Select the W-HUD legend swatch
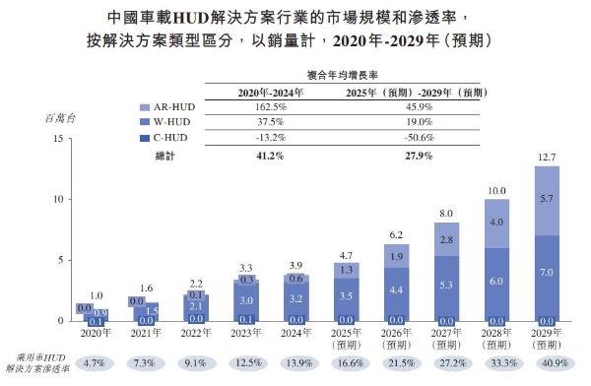145,123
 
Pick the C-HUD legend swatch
145,139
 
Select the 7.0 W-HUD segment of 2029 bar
547,271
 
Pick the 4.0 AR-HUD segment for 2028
494,223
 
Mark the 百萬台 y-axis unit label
60,117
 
